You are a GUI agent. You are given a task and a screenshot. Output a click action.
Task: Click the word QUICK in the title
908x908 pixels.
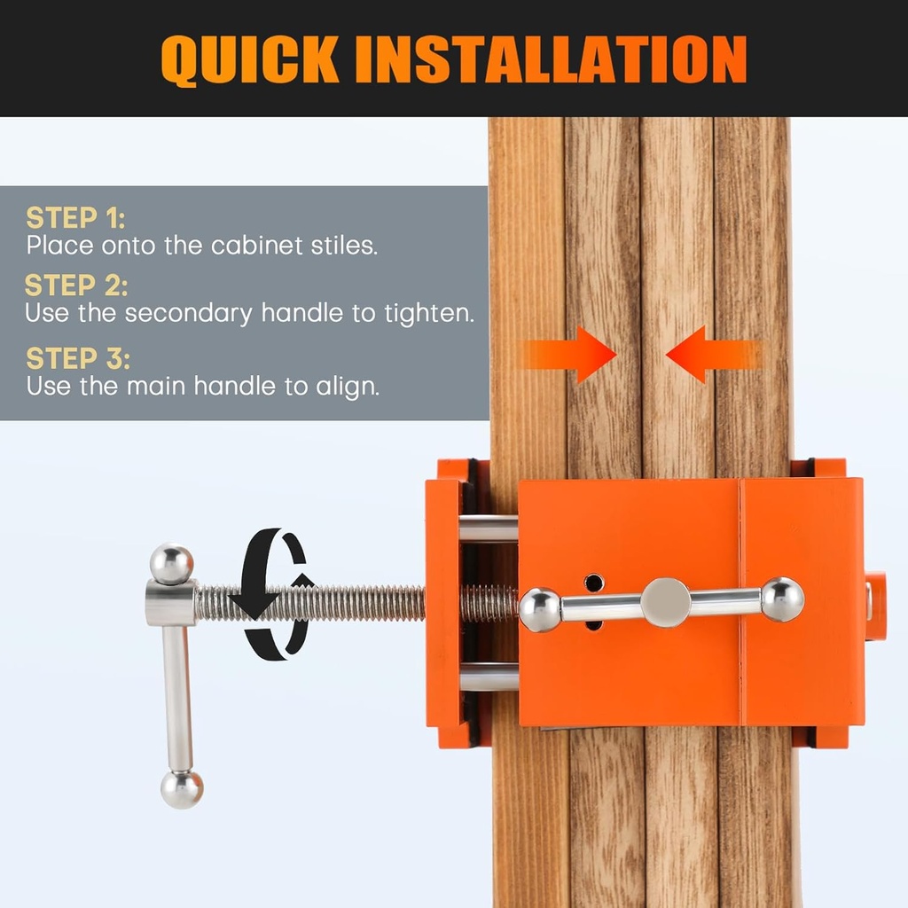coord(249,59)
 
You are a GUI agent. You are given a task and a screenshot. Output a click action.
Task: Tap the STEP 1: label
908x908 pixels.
coord(75,217)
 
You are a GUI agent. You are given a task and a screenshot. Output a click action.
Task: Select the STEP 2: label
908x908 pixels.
coord(76,286)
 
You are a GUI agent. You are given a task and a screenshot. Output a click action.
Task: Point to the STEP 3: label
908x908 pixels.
coord(78,358)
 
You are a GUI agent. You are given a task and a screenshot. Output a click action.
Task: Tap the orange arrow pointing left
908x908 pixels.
coord(709,354)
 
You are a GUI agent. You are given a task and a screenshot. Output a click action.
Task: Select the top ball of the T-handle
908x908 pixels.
coord(171,564)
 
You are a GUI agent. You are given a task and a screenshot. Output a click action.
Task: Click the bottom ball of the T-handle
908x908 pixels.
coord(182,788)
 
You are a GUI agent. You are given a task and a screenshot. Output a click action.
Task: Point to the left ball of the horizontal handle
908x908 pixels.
coord(539,610)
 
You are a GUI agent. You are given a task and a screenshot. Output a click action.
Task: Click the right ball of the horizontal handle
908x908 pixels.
coord(782,599)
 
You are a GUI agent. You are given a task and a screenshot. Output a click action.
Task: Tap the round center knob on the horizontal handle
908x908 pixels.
coord(665,602)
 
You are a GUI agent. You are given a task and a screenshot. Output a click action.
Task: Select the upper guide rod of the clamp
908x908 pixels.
coord(488,529)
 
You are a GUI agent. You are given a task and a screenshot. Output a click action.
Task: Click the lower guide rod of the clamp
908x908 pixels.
coord(488,677)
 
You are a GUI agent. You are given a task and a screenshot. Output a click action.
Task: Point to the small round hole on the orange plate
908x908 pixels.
coord(593,583)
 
